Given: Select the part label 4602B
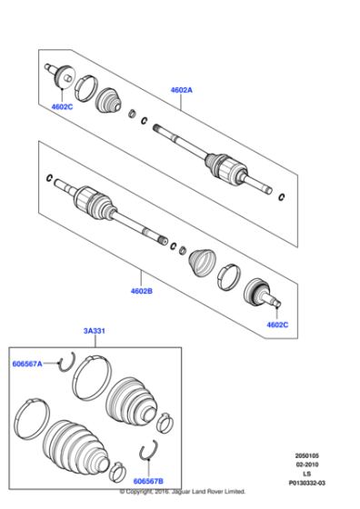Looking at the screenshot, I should click(x=143, y=293).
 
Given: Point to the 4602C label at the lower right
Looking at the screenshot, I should click(x=278, y=324).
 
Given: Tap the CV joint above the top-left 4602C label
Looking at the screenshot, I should click(x=65, y=75).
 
